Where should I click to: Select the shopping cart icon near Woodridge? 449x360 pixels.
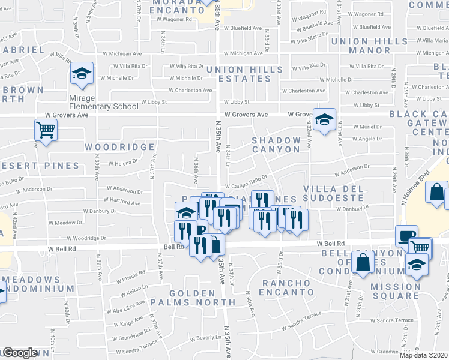[46, 130]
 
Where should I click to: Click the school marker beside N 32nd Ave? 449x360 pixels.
[324, 120]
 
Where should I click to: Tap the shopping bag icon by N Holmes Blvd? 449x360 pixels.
[437, 193]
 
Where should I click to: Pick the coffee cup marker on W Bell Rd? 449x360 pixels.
[407, 236]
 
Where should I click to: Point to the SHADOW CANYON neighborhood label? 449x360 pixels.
[276, 145]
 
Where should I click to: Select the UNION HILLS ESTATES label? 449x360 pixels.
[245, 74]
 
